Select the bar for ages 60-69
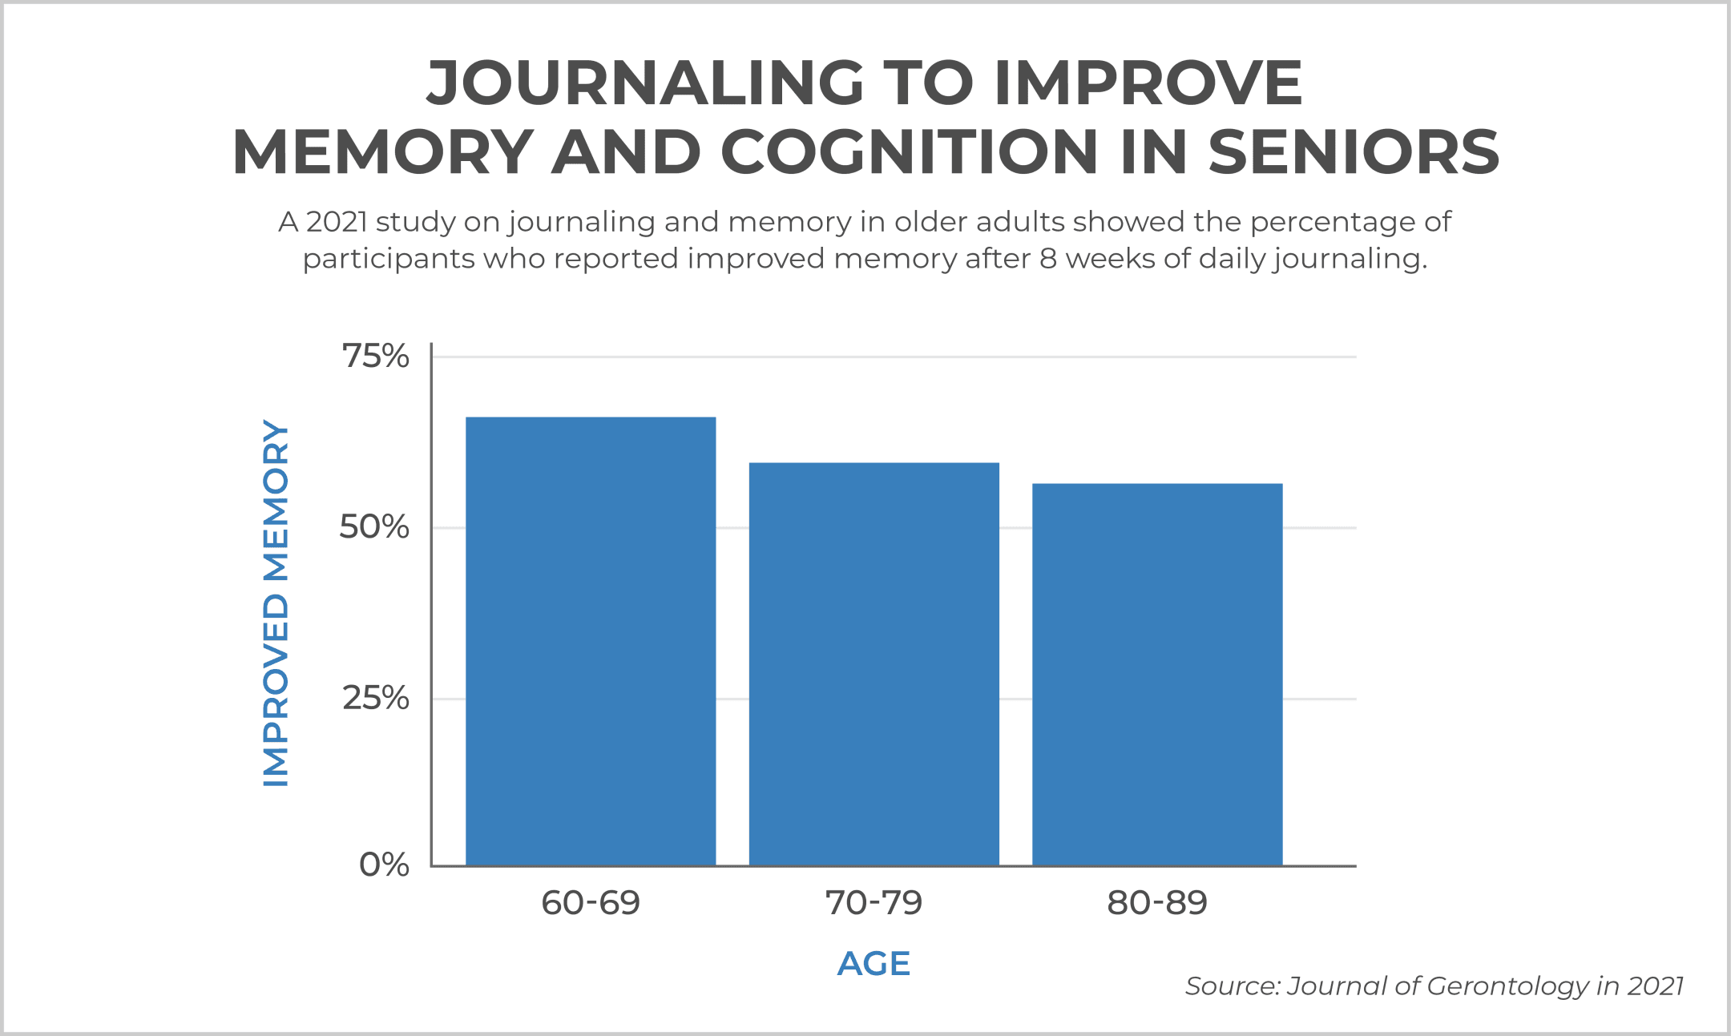point(591,641)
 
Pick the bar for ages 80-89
point(1157,674)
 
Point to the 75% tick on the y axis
point(375,357)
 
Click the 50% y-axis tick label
point(374,527)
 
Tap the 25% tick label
point(375,699)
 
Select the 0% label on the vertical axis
point(384,865)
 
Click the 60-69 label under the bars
point(591,903)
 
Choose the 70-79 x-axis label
point(874,903)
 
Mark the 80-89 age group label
point(1157,903)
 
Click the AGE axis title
point(874,964)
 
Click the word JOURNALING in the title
point(646,83)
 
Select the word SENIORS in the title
point(1354,152)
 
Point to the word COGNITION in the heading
point(910,152)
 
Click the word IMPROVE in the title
point(1148,83)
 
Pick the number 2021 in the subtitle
point(337,222)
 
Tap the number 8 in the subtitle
point(1048,259)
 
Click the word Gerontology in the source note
point(1507,986)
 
